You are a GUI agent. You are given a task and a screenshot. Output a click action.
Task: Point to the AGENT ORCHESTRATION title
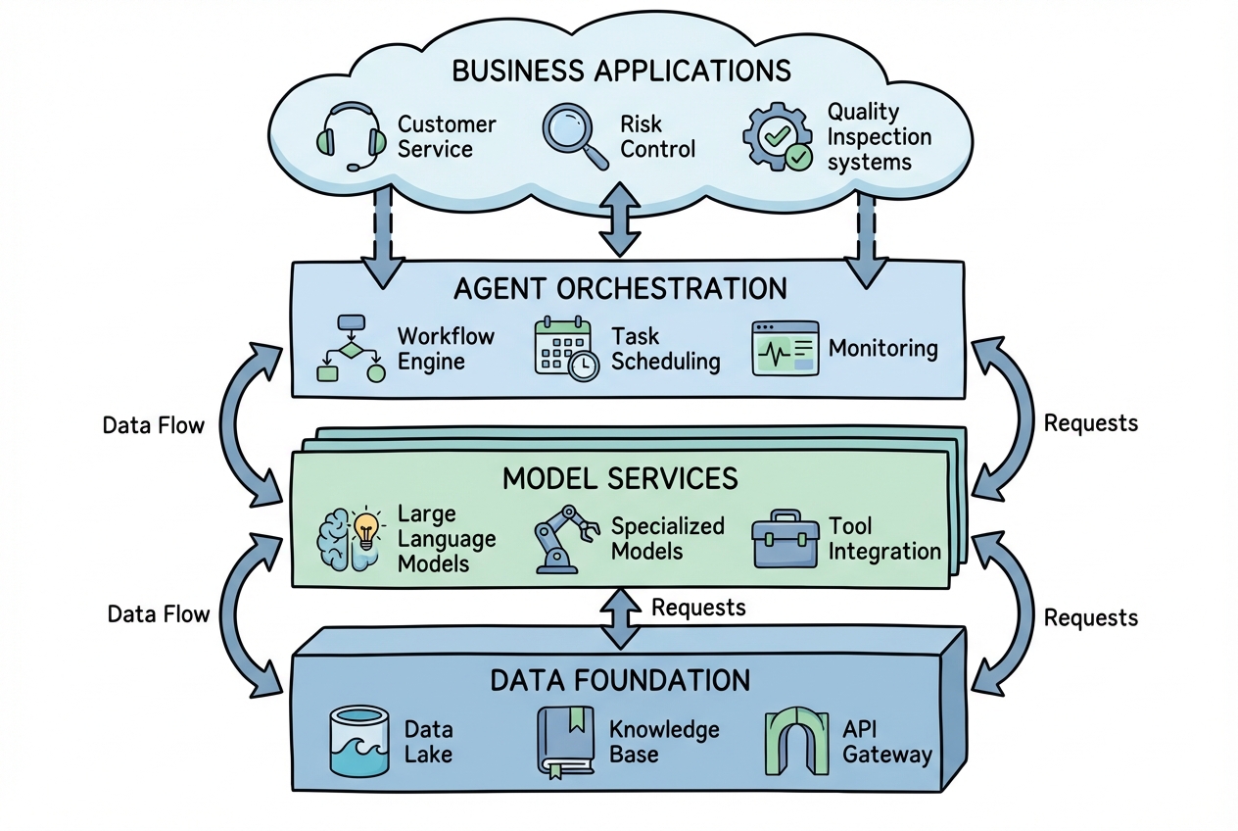tap(620, 288)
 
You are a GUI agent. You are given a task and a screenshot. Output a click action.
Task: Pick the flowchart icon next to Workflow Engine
tap(349, 348)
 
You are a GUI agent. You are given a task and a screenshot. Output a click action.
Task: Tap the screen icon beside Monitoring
tap(784, 348)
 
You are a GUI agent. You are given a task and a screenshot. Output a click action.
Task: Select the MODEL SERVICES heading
tap(620, 478)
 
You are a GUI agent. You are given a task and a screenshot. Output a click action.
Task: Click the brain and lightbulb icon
tap(350, 539)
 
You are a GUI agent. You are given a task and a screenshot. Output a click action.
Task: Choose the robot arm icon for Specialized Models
tap(565, 539)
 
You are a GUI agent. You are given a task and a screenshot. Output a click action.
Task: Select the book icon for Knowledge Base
tap(565, 741)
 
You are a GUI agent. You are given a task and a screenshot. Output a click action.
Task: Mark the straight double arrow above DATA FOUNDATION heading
tap(620, 618)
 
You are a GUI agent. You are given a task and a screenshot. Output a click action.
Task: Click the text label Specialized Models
tap(668, 538)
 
